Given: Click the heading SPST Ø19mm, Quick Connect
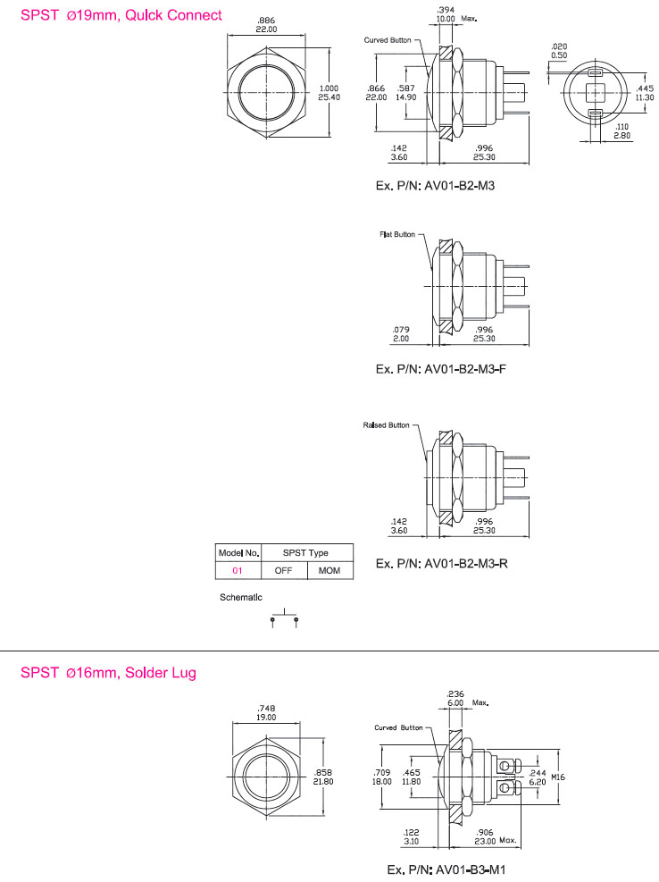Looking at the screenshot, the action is coord(121,15).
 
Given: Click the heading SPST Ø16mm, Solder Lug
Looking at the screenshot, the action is coord(109,672).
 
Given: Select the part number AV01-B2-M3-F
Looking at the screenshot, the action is coord(465,369).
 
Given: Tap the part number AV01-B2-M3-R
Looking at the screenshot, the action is coord(466,563).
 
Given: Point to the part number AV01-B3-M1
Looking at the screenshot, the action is coord(471,869).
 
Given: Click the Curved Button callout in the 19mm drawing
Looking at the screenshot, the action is coord(388,40).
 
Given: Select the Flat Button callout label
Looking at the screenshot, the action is coord(397,234).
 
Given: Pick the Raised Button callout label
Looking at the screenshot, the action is coord(386,424).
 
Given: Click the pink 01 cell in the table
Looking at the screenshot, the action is coord(238,570).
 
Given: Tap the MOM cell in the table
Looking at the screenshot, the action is coord(329,570).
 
